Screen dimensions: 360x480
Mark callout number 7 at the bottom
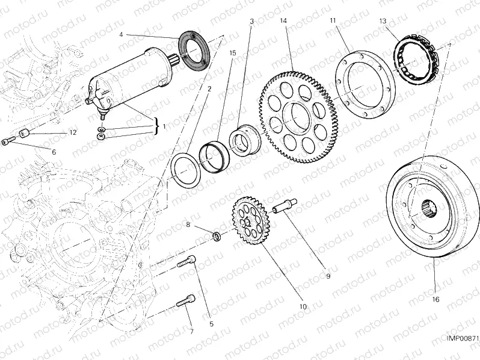[191, 332]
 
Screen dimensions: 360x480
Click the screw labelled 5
[186, 264]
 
